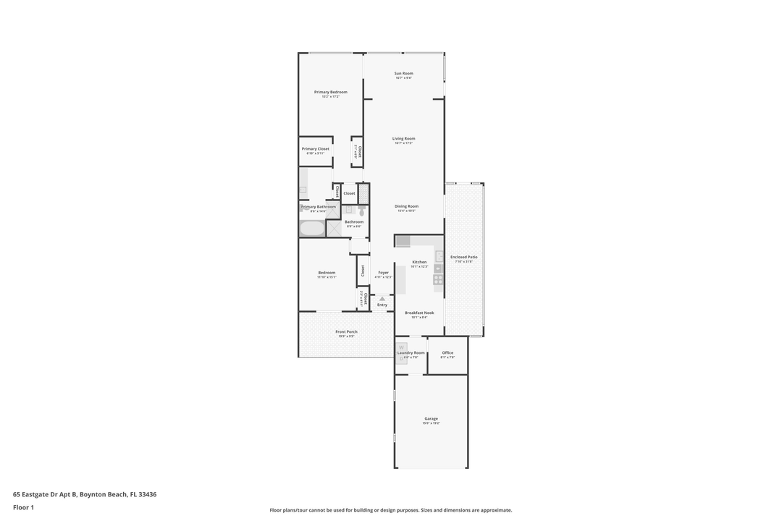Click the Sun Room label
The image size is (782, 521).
coord(403,73)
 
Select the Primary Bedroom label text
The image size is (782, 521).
coord(330,92)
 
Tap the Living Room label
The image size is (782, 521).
coord(403,138)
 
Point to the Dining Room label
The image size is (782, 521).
coord(406,206)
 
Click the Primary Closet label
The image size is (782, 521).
coord(316,148)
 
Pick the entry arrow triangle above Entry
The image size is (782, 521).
coord(382,298)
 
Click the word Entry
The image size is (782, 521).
coord(382,305)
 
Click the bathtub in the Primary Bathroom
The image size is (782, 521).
coord(312,229)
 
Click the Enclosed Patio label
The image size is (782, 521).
coord(463,257)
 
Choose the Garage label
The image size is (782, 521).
coord(431,418)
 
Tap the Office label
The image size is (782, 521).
coord(447,352)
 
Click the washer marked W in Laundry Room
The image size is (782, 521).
coord(400,347)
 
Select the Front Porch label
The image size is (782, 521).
coord(347,331)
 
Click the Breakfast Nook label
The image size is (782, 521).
coord(419,313)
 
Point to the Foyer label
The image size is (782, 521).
coord(383,273)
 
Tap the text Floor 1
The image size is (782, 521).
coord(23,507)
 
